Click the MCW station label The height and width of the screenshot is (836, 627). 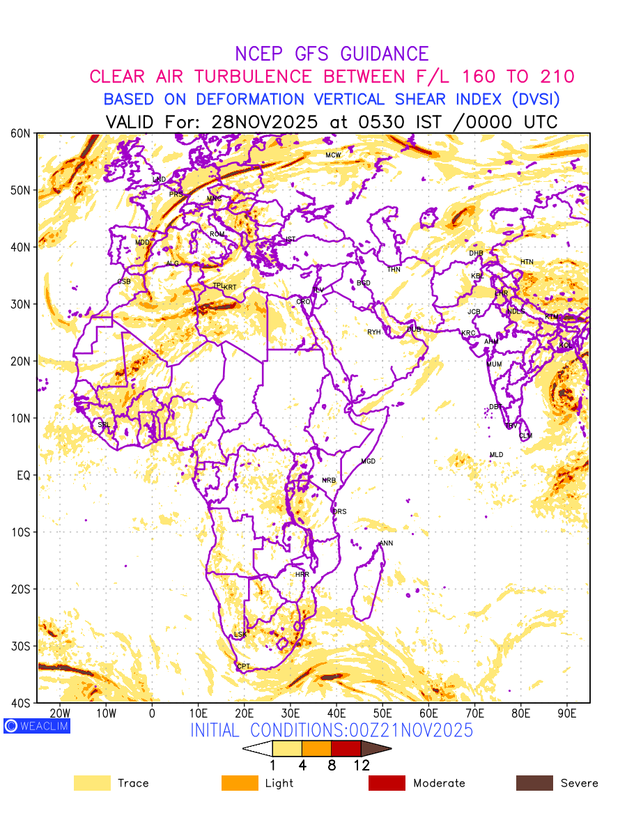coord(333,155)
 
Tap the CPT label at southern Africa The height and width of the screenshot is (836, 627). coord(243,667)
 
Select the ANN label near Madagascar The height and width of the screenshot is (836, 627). coord(386,543)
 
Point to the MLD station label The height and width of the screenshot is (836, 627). coord(496,455)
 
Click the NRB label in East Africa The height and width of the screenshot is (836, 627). coord(329,481)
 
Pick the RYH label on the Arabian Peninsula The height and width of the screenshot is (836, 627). coord(374,332)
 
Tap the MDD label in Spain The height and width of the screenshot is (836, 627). coord(142,242)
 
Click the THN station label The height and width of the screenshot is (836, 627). coord(394,270)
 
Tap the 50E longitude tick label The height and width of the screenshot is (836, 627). coord(382,713)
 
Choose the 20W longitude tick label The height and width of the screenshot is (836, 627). coord(60,713)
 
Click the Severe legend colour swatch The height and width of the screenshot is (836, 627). coord(534,783)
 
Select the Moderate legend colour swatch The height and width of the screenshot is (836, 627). coord(387,783)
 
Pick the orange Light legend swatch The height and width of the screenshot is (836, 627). coord(240,783)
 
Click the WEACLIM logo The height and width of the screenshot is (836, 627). coord(36,726)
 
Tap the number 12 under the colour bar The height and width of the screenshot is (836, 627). coord(361,765)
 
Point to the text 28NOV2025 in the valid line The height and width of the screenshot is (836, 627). coord(264,122)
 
